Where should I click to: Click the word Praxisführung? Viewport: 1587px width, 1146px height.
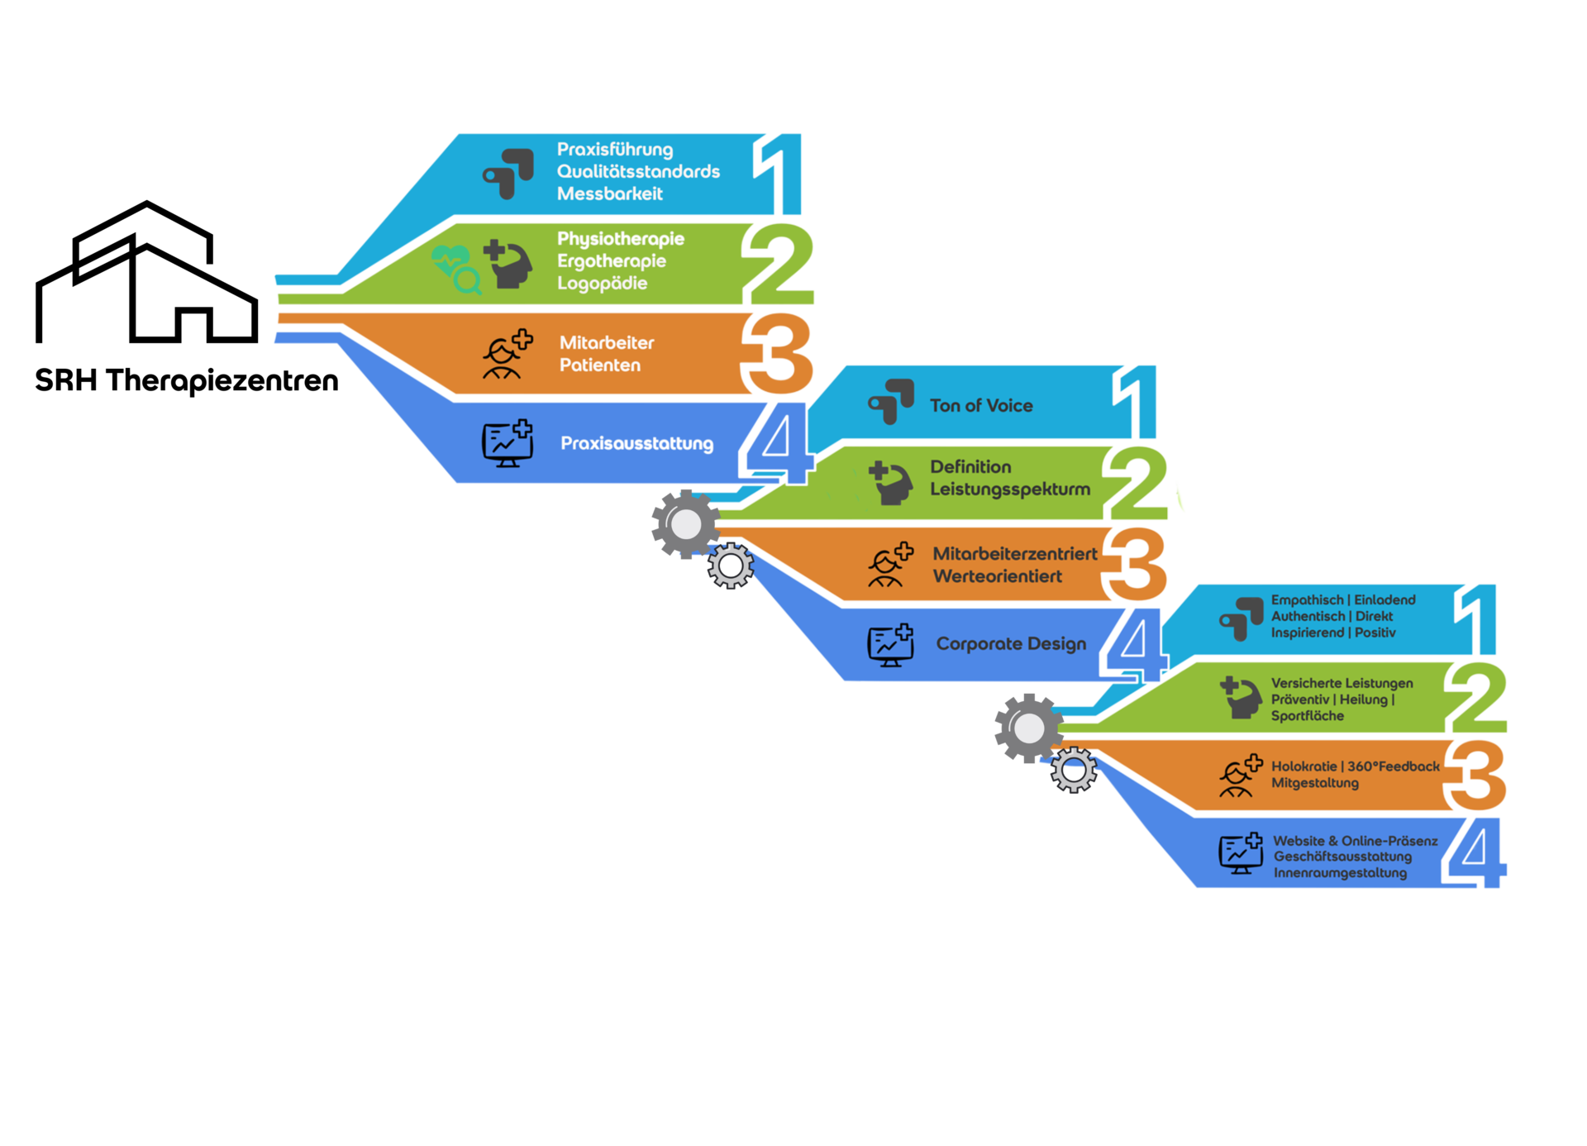(x=614, y=150)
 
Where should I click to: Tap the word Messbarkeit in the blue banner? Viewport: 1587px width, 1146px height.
(x=609, y=193)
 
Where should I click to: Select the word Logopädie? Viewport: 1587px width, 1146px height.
(x=602, y=284)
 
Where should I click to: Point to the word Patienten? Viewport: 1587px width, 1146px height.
(x=599, y=365)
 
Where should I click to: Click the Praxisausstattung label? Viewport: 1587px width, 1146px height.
(x=636, y=443)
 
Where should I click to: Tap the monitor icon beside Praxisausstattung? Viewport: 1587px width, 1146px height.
(x=507, y=443)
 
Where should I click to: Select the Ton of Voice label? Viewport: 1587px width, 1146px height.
(x=981, y=405)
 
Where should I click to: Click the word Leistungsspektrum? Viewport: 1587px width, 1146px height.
(x=1010, y=489)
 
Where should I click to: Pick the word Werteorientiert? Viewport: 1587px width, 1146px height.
(x=997, y=576)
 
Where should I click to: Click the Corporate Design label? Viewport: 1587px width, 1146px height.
(x=1011, y=643)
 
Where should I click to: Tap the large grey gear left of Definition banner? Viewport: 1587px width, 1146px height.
(x=685, y=523)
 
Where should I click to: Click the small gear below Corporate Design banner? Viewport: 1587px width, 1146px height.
(x=1074, y=771)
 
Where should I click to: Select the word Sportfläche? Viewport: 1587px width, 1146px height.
(x=1307, y=716)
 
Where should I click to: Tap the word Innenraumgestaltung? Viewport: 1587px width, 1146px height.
(x=1339, y=873)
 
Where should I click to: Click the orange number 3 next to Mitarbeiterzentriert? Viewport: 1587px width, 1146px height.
(x=1137, y=566)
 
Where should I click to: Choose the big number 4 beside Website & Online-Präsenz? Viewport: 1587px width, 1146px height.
(x=1479, y=852)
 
